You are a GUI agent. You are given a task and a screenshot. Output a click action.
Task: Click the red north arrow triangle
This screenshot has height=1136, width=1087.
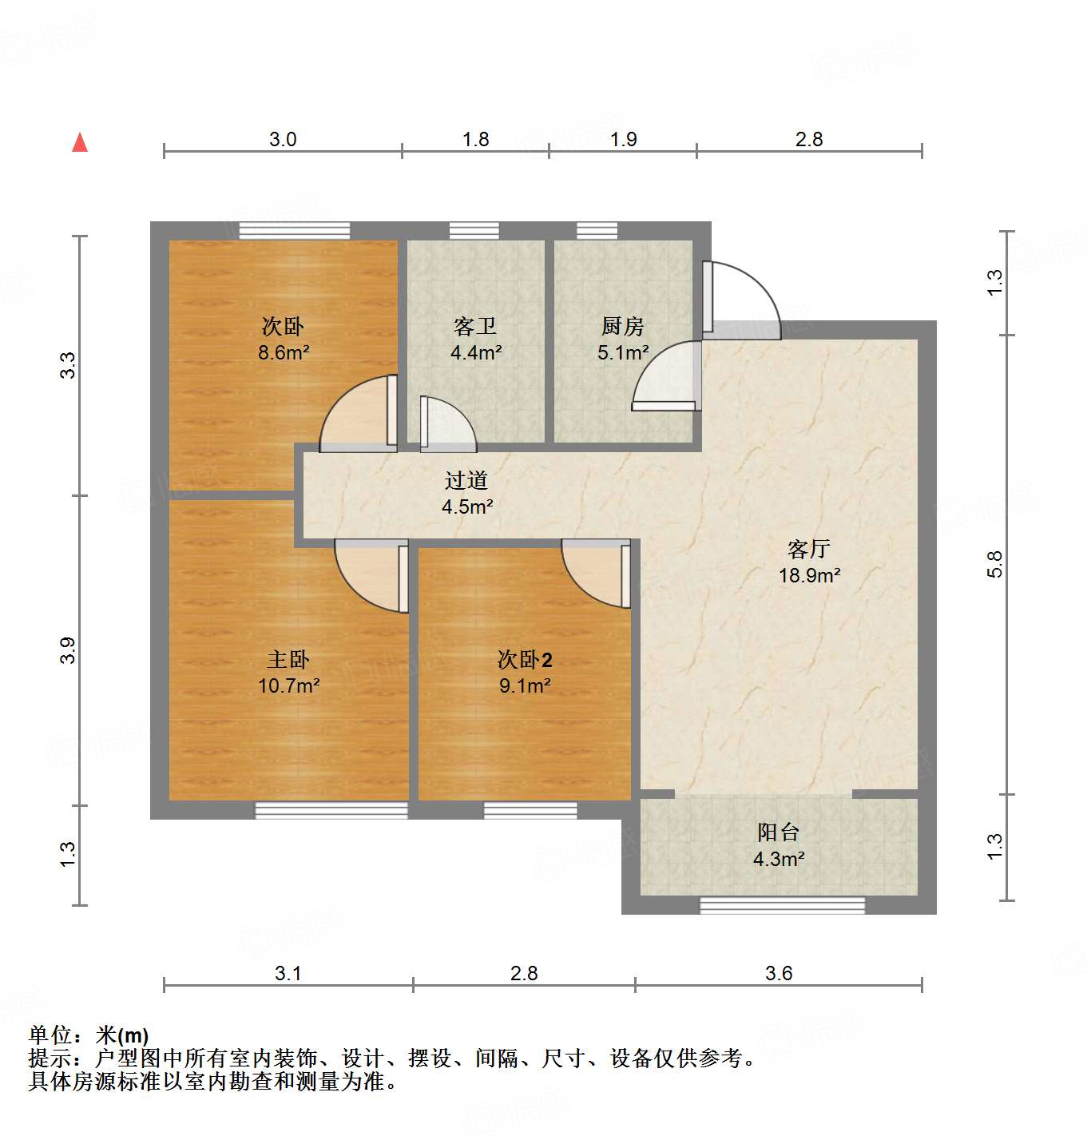pyautogui.click(x=80, y=142)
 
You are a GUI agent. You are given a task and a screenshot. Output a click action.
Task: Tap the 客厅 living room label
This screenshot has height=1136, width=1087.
pyautogui.click(x=808, y=549)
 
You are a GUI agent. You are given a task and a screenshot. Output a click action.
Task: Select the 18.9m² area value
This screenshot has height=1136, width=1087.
pyautogui.click(x=809, y=575)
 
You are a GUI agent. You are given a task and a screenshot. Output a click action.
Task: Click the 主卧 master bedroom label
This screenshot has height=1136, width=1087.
pyautogui.click(x=288, y=659)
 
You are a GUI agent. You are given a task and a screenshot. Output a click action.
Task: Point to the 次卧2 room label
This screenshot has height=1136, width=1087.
pyautogui.click(x=524, y=659)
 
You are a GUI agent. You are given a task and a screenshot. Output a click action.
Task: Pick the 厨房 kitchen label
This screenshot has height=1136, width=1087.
pyautogui.click(x=622, y=326)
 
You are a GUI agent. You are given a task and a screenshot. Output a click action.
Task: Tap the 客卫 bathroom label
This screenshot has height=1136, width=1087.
pyautogui.click(x=474, y=326)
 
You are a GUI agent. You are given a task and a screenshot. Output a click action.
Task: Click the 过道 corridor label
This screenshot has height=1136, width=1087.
pyautogui.click(x=466, y=480)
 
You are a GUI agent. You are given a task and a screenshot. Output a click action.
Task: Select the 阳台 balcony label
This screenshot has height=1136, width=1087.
pyautogui.click(x=778, y=832)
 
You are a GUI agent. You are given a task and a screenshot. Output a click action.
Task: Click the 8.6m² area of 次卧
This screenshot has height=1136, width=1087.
pyautogui.click(x=284, y=352)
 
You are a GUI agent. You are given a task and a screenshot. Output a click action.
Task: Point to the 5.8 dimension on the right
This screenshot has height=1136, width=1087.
pyautogui.click(x=994, y=564)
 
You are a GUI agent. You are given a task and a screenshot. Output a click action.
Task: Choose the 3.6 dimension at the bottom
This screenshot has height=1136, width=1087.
pyautogui.click(x=779, y=973)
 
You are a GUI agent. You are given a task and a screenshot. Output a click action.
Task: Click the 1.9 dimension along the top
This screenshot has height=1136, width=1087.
pyautogui.click(x=623, y=140)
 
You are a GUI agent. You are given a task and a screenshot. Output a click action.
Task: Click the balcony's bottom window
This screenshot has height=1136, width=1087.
pyautogui.click(x=782, y=905)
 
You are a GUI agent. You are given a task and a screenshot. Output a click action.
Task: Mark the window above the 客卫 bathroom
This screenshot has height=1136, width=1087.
pyautogui.click(x=474, y=230)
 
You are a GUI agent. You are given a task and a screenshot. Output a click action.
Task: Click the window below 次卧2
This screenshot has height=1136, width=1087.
pyautogui.click(x=530, y=811)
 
